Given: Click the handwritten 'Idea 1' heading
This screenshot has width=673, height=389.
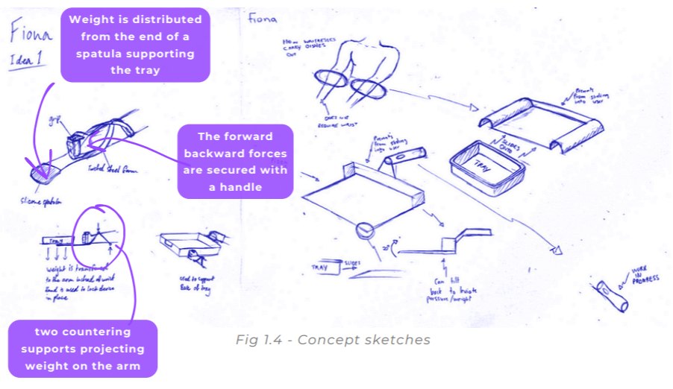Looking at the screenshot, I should click(x=26, y=60).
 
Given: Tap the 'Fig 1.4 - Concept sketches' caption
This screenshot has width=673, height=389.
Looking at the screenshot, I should click(x=333, y=340).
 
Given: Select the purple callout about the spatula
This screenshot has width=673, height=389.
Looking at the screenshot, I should click(x=135, y=44).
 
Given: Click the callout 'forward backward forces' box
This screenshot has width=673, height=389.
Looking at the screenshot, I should click(x=235, y=161).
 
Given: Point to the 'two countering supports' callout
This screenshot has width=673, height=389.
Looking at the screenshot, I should click(x=83, y=348).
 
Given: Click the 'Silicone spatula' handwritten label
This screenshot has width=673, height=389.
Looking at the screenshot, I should click(x=42, y=200).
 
